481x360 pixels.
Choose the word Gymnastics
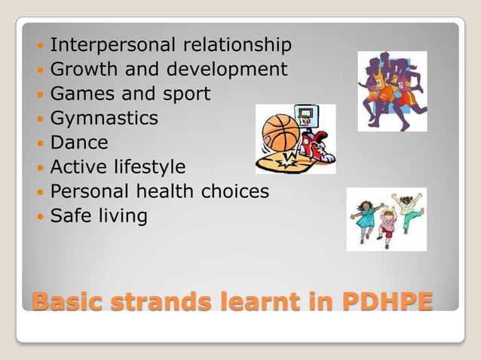coord(104,119)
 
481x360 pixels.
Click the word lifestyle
coord(151,166)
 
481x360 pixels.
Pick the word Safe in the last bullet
coord(68,216)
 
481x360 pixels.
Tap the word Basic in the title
coord(67,302)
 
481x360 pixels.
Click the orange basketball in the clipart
coord(279,133)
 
